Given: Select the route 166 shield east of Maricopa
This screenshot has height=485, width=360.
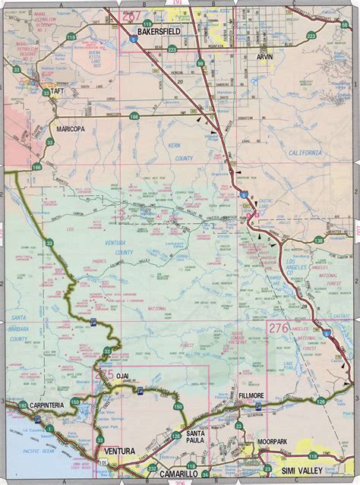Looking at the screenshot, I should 134,116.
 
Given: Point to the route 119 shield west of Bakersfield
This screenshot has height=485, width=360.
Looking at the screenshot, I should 93,36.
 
